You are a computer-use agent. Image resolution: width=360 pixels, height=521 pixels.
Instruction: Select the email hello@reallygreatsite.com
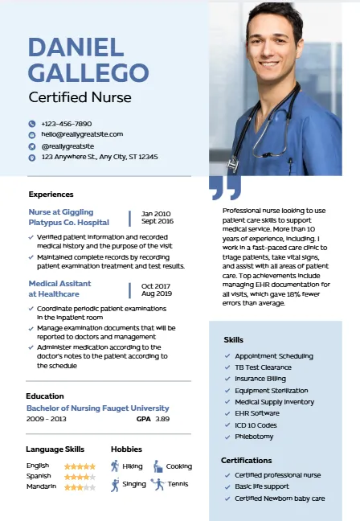click(82, 134)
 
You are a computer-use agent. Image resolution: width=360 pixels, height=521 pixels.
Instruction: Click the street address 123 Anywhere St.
click(100, 157)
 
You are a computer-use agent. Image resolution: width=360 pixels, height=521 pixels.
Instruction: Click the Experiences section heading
click(51, 194)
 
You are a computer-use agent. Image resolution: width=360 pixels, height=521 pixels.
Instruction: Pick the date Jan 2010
click(156, 213)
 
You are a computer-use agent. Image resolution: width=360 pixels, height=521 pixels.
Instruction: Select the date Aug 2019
click(157, 293)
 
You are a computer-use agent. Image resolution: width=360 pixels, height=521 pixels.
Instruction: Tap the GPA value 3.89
click(162, 419)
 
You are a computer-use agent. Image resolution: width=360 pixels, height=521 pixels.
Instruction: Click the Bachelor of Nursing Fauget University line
click(97, 408)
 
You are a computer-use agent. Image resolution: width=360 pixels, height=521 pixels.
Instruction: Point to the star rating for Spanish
click(80, 476)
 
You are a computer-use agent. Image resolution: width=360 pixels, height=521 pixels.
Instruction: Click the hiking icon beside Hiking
click(115, 466)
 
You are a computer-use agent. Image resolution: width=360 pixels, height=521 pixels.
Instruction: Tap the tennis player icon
click(157, 484)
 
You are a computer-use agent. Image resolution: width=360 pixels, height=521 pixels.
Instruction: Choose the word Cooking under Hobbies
click(179, 466)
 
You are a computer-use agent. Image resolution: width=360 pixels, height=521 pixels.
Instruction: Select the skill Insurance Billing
click(260, 379)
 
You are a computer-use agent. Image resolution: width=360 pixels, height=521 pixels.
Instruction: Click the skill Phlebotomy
click(254, 437)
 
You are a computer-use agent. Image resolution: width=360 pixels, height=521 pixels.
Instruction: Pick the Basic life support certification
click(262, 486)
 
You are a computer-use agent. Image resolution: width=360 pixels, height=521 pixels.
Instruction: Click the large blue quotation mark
click(225, 188)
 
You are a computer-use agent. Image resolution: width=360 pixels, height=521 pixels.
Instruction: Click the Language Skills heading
click(55, 449)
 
